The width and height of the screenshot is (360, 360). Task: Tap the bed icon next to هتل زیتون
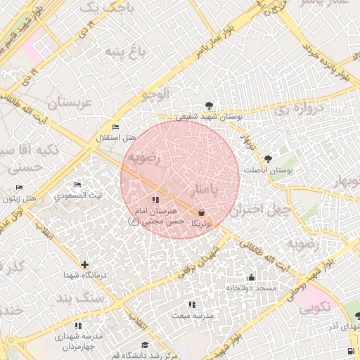(x=19, y=187)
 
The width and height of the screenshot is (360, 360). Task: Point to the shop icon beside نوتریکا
(x=202, y=212)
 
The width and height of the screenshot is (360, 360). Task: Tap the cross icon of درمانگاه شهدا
(x=85, y=264)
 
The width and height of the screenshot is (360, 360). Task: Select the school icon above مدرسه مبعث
(x=191, y=304)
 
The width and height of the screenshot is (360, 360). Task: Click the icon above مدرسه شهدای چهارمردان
(x=78, y=326)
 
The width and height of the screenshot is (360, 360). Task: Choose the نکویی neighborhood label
(x=313, y=308)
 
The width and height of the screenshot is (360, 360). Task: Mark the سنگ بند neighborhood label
(x=100, y=297)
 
